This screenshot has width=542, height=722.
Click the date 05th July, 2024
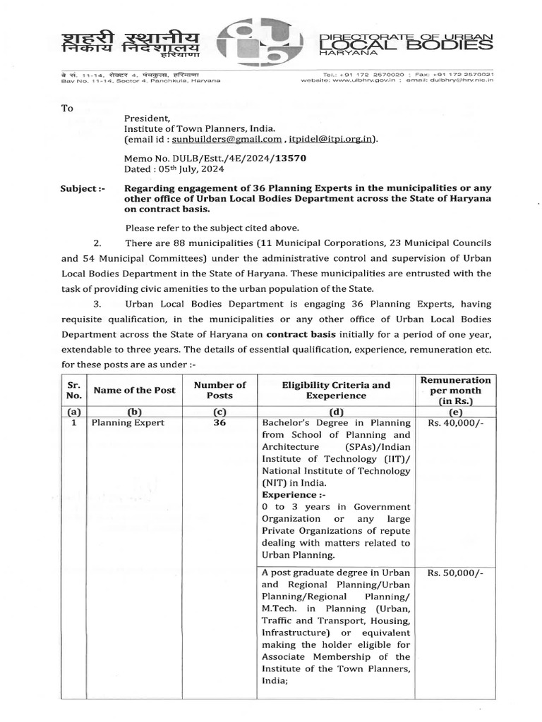178,170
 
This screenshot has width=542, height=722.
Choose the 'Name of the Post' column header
134,391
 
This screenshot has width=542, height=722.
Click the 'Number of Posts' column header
219,391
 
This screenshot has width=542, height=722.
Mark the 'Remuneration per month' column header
455,391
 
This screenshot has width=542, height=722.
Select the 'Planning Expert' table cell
127,423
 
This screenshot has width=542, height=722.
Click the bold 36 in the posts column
219,423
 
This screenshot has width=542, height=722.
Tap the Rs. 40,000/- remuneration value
455,423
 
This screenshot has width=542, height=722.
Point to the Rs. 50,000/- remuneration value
455,573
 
